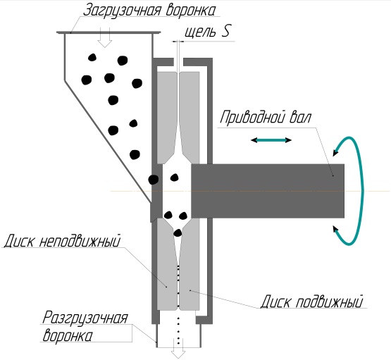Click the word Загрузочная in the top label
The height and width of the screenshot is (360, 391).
pos(121,11)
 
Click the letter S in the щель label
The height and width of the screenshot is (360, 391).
pos(225,31)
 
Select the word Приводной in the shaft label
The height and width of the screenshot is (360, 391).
pos(252,117)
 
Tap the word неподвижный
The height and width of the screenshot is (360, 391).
pos(80,240)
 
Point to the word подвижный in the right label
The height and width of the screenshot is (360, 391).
pos(329,302)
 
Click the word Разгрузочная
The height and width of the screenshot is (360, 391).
pos(85,318)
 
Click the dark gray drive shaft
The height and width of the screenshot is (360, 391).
pos(268,191)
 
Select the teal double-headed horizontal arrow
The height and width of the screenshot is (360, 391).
pos(271,140)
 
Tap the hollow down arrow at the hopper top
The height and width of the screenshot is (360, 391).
pos(105,38)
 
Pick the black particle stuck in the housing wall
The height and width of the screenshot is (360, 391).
pos(154,179)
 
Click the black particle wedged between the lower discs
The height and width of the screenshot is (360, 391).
pos(178,233)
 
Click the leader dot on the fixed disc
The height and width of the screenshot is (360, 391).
pos(166,287)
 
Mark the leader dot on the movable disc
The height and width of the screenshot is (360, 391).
pos(190,290)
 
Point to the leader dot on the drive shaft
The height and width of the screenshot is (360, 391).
pos(333,175)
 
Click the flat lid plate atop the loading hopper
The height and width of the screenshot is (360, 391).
pos(108,32)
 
